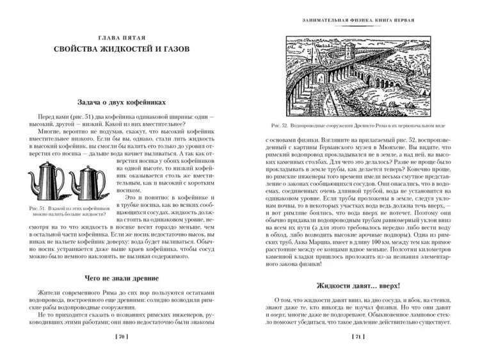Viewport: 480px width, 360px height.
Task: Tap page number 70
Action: (x=122, y=336)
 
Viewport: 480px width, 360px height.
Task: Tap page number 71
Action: (x=358, y=336)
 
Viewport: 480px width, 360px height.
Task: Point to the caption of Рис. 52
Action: (x=358, y=126)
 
